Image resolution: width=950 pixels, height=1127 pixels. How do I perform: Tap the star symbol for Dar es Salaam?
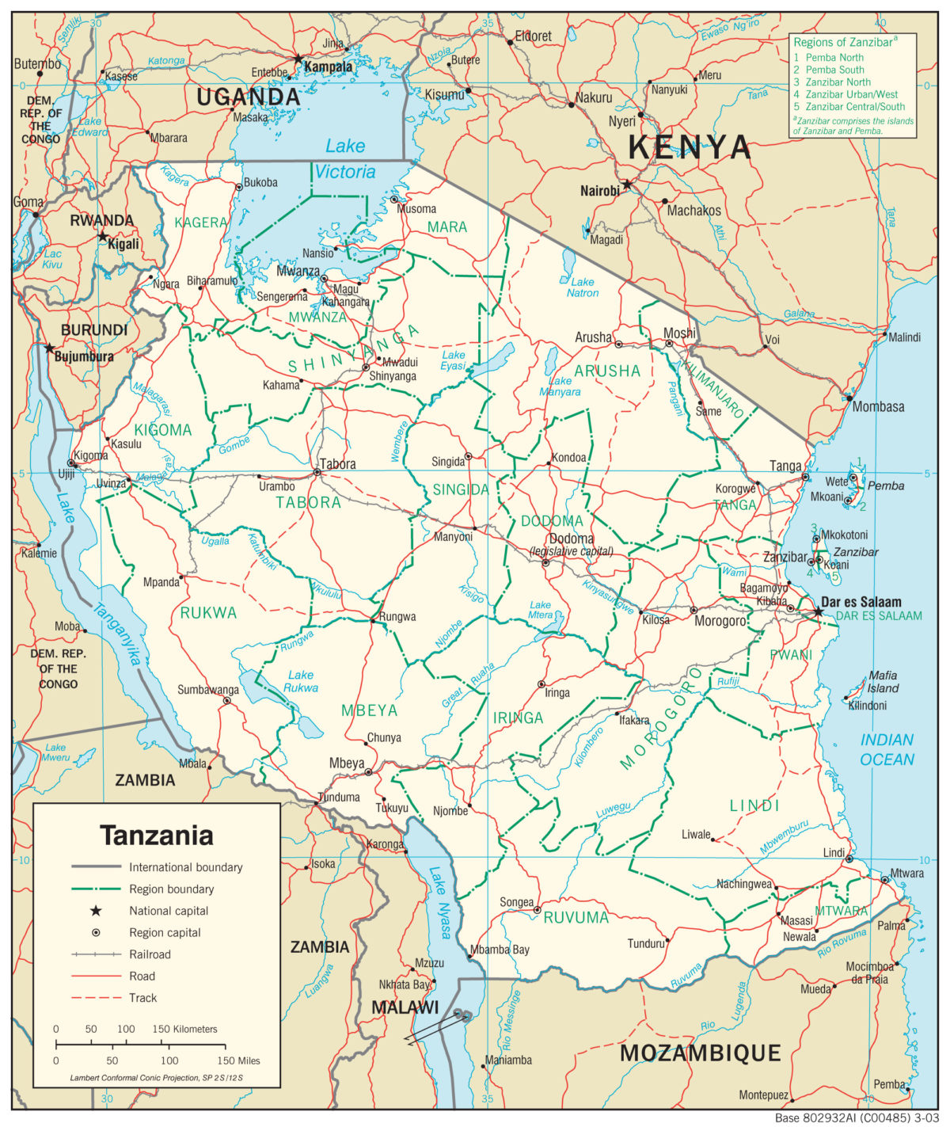818,611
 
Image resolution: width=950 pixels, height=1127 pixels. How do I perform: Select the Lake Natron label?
582,287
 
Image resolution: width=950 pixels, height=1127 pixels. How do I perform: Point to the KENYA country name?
689,147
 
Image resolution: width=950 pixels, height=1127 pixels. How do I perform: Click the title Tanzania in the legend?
157,836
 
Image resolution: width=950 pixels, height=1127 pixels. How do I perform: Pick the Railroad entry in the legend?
150,954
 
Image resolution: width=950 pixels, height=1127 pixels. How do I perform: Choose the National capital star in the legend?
96,911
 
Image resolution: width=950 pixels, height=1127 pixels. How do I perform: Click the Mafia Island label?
883,681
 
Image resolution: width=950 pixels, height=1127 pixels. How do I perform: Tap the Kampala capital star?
298,59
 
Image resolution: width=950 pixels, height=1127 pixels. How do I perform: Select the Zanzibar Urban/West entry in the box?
851,94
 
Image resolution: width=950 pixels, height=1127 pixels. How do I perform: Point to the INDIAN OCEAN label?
887,749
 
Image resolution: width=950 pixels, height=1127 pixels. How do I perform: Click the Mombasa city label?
878,407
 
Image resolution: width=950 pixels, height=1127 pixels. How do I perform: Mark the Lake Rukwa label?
301,681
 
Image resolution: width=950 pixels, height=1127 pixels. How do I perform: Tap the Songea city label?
516,902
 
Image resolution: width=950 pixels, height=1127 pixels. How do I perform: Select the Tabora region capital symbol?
317,472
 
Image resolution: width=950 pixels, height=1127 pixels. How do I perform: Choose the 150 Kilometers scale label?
184,1029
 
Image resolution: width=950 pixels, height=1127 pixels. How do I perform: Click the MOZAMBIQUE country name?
700,1053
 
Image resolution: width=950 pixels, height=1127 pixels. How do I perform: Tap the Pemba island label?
885,485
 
